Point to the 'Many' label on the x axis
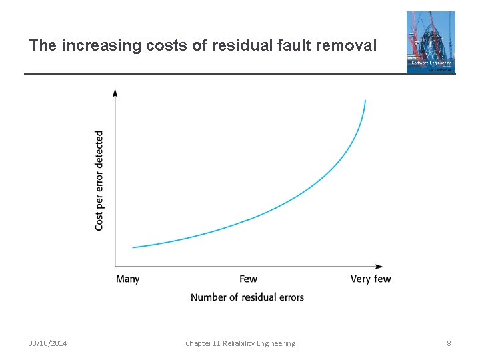click(x=128, y=279)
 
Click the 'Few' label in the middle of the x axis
click(x=248, y=279)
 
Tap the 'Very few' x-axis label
click(x=371, y=279)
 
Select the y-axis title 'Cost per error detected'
click(x=99, y=181)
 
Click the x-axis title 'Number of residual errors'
click(x=247, y=297)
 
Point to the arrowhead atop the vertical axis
click(x=115, y=93)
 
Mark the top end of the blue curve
click(x=365, y=101)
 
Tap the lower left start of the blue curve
click(x=133, y=247)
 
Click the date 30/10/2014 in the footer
click(x=47, y=343)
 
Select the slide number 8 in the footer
click(x=449, y=343)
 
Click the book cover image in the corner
click(x=431, y=42)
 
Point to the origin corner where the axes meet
click(x=115, y=267)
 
